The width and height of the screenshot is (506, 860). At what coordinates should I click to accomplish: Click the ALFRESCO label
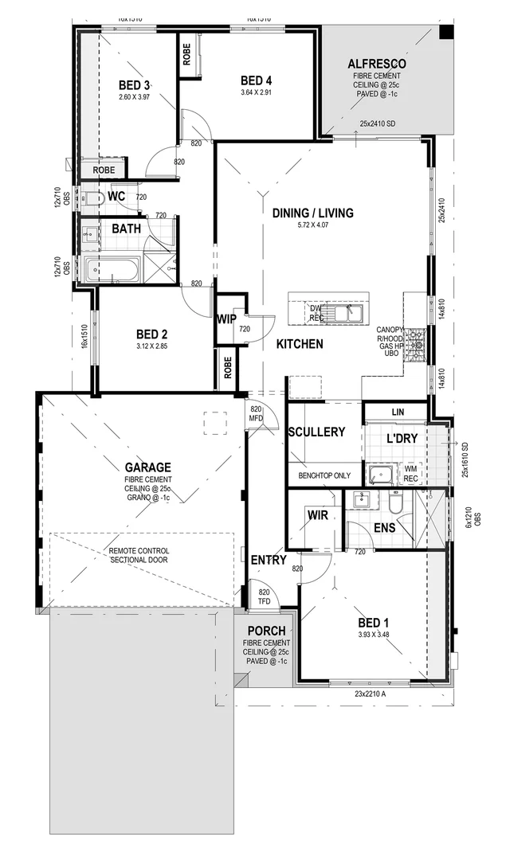coord(377,64)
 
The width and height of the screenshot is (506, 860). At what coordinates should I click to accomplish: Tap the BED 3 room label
coord(135,85)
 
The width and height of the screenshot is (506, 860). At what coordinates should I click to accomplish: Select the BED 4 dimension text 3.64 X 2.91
coord(257,92)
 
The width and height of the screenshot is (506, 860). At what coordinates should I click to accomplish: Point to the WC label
coord(116,196)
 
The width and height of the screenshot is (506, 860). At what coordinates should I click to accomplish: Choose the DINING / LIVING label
coord(312,213)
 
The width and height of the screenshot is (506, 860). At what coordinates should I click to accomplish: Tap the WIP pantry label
coord(226,319)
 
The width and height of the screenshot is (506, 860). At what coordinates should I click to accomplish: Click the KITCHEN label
coord(300,344)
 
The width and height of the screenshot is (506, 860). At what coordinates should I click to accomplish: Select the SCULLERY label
coord(316,432)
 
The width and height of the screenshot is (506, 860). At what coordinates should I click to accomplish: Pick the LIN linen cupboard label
coord(398,412)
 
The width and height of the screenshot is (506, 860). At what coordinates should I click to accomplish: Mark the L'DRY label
coord(402,439)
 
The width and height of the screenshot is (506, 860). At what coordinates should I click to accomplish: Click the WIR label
coord(319,515)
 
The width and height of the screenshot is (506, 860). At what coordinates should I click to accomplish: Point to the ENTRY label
coord(268,560)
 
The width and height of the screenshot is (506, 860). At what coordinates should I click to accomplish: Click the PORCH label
coord(266,631)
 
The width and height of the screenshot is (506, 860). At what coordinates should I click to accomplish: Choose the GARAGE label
coord(147,467)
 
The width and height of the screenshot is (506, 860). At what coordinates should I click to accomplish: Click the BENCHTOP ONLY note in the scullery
coord(324,475)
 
